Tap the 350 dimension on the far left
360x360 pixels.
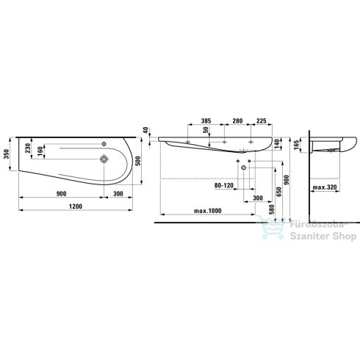click(x=7, y=155)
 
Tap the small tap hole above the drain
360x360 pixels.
click(x=105, y=143)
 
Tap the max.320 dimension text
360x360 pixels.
click(x=325, y=188)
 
